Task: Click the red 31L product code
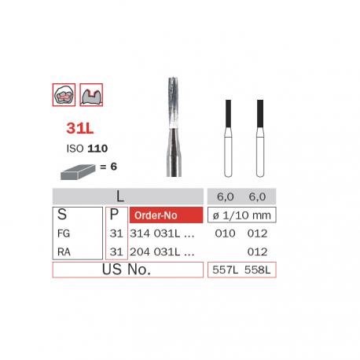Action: [80, 128]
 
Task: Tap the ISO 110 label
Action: [87, 149]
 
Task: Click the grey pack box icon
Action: [78, 172]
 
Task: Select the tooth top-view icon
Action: [64, 95]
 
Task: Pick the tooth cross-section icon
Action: [91, 95]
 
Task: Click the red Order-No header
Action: [166, 215]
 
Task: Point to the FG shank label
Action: [64, 233]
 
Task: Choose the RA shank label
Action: [64, 252]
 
